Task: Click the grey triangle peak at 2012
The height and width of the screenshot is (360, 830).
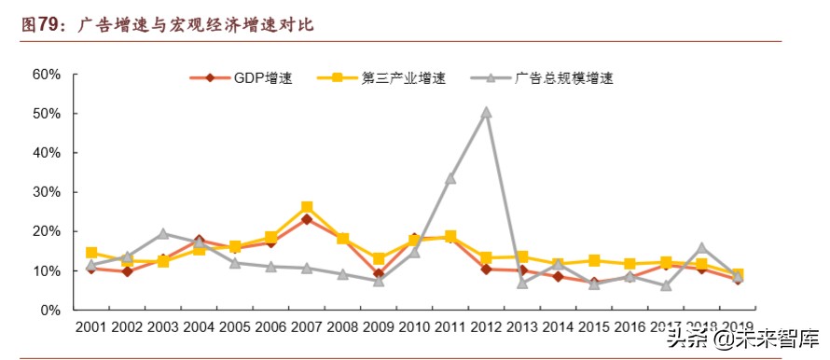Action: [486, 113]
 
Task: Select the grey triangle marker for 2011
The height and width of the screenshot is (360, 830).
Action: [450, 178]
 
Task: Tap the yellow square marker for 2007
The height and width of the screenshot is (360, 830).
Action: [307, 207]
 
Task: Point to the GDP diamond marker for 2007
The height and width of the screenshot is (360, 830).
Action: [307, 219]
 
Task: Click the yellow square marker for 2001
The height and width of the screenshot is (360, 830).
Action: [91, 253]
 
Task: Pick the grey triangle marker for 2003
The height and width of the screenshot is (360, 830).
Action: [163, 234]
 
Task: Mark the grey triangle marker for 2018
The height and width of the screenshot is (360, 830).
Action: [701, 248]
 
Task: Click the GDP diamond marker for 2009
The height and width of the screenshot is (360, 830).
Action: [379, 274]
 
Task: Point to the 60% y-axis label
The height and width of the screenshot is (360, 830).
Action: [47, 75]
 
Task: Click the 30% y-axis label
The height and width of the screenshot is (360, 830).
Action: [47, 192]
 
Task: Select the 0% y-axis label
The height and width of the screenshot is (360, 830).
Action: [50, 310]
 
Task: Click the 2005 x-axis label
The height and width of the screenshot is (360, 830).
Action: [235, 328]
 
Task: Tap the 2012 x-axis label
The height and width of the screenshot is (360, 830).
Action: [486, 328]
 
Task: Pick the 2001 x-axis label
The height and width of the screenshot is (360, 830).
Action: [91, 328]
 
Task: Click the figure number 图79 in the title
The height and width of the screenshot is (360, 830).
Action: [40, 25]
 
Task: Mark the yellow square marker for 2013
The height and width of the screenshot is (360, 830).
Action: [522, 256]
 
